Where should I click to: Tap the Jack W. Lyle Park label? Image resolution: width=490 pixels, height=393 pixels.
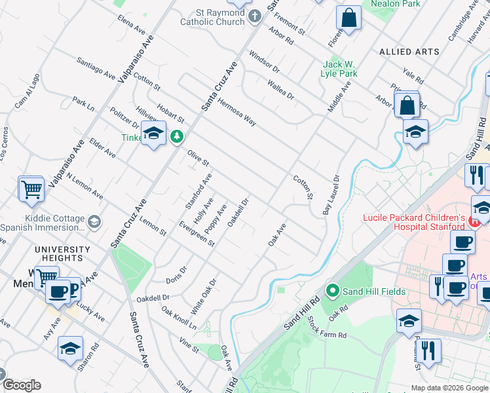(x=340, y=69)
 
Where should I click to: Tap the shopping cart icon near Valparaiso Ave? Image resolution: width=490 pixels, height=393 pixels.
(x=31, y=189)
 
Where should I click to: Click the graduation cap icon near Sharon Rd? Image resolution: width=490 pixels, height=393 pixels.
(x=70, y=350)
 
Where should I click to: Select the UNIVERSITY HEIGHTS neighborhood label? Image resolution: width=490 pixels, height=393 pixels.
(x=62, y=253)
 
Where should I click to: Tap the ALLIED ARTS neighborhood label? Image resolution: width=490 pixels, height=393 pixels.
(x=405, y=51)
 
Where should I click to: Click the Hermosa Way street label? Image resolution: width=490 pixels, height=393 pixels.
(x=236, y=109)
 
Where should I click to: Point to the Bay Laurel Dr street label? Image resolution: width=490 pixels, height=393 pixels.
(x=330, y=195)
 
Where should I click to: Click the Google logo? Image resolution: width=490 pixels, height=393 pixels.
(x=22, y=385)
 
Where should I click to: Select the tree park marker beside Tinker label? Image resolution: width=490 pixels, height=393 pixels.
(x=176, y=137)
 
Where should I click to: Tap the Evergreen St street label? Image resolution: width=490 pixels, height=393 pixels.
(x=197, y=233)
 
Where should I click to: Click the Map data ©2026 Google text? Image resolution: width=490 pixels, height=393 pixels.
(x=449, y=388)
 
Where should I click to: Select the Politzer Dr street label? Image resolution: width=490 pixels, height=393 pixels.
(x=124, y=118)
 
